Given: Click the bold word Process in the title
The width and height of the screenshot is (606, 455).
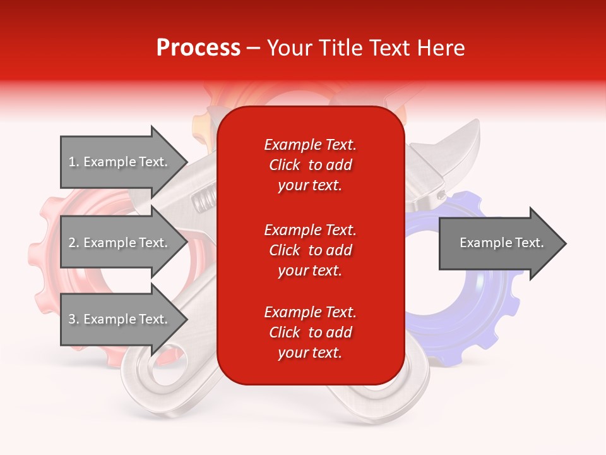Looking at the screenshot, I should [198, 48].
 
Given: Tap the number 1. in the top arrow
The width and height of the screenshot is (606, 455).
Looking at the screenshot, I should [74, 162].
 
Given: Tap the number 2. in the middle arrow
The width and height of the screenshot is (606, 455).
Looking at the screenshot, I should [74, 243].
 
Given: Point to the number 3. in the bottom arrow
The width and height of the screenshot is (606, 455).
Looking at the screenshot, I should [74, 319].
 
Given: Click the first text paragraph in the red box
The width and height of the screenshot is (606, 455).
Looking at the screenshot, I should [310, 165].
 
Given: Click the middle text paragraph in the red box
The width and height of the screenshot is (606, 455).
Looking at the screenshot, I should [310, 250].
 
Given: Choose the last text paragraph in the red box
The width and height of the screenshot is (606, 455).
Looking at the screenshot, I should [310, 332].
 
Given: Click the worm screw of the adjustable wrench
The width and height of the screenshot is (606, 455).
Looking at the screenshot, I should [203, 202].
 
